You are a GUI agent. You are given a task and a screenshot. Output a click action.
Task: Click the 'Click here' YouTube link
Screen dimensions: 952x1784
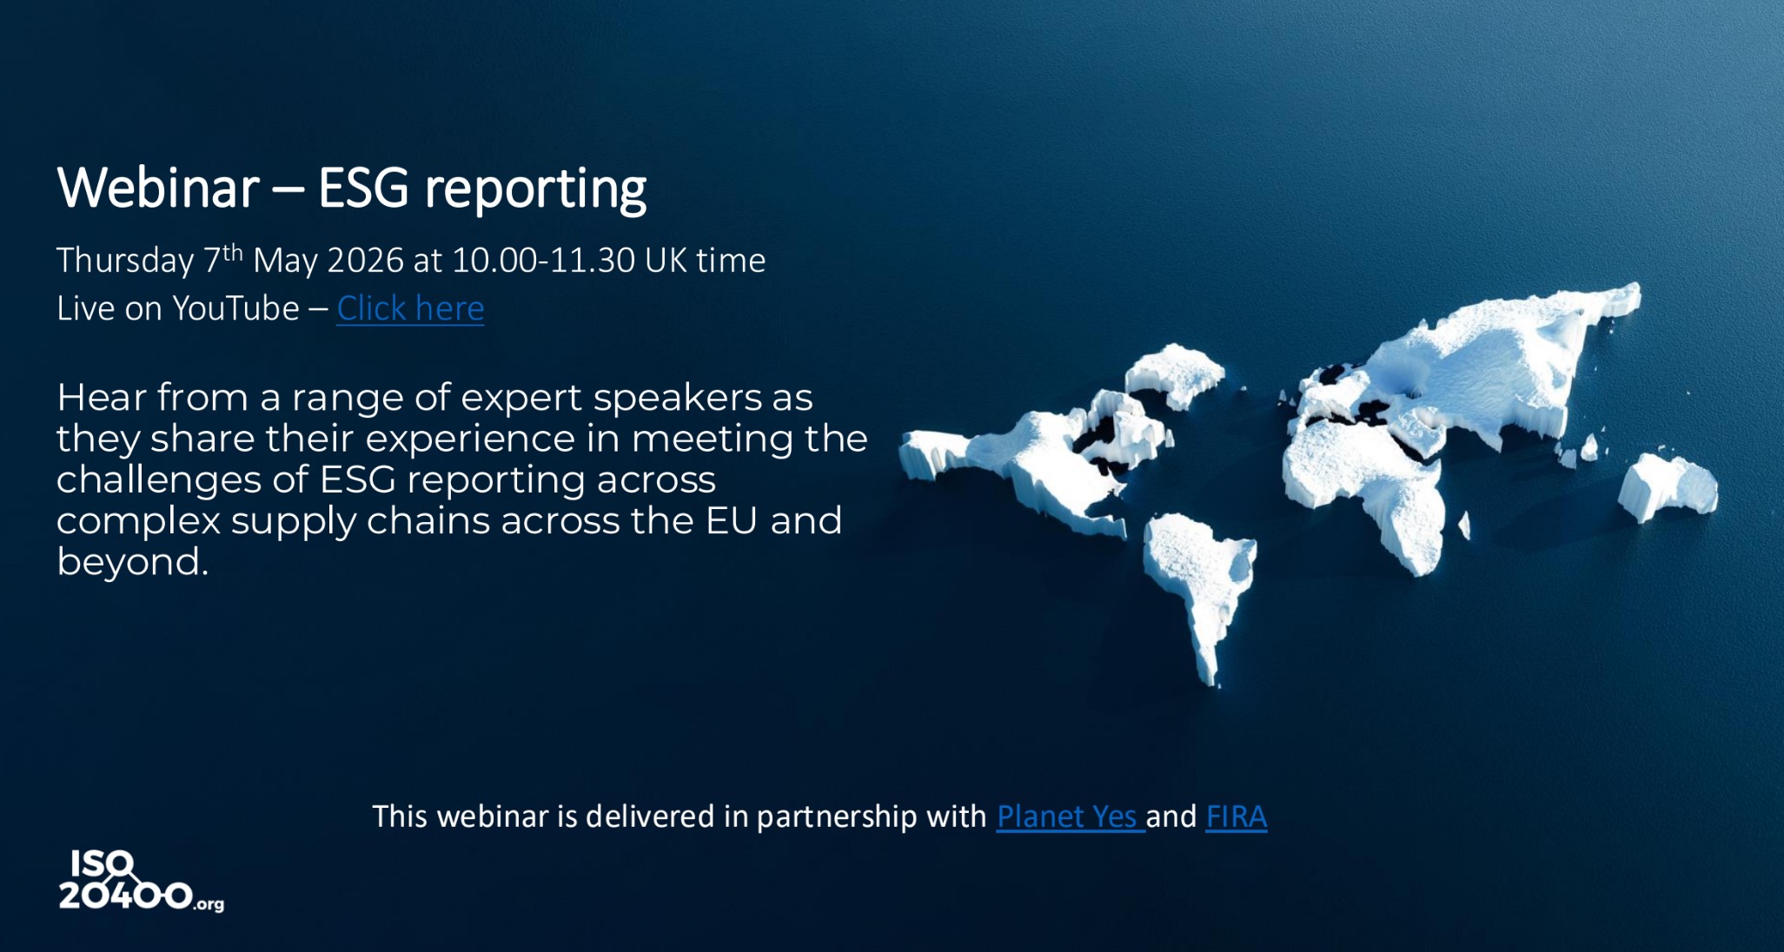coord(410,308)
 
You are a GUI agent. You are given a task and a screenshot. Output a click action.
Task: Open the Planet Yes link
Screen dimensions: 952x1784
coord(1068,816)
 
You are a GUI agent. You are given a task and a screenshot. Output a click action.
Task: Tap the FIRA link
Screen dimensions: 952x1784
coord(1236,816)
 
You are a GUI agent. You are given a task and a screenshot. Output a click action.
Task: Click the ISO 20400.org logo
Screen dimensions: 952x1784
coord(140,881)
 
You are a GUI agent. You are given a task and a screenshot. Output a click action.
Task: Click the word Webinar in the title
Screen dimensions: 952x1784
coord(158,188)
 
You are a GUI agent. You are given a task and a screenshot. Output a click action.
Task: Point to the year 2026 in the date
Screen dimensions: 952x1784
coord(365,261)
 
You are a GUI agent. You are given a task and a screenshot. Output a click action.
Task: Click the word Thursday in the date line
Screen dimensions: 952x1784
coord(125,261)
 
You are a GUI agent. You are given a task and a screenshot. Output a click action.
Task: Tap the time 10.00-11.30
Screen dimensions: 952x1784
coord(543,261)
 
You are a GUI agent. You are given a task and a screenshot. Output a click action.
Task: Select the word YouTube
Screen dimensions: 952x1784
coord(235,308)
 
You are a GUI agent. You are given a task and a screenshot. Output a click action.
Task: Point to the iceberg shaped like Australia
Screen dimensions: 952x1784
coord(1666,487)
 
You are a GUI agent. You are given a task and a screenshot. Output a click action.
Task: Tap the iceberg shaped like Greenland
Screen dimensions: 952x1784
coord(1175,372)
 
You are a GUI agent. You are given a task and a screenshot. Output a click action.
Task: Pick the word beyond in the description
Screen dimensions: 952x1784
coord(132,562)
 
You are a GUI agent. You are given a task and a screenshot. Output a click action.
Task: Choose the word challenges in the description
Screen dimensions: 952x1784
coord(180,480)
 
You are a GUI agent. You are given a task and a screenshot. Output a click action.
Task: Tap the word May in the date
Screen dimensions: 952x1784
coord(285,261)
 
